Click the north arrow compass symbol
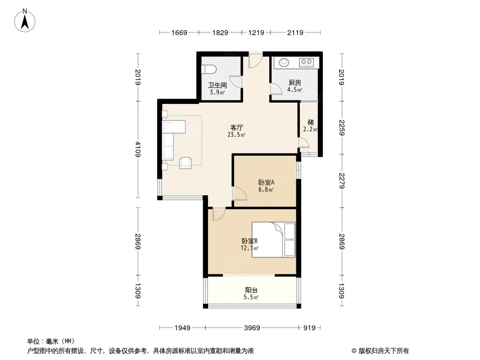(x=25, y=21)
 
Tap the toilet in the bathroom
(x=208, y=69)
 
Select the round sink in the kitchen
(x=284, y=62)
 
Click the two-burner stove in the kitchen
(x=306, y=62)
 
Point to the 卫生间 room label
(x=217, y=85)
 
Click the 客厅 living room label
(x=237, y=127)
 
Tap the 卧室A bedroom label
(x=266, y=183)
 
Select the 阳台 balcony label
(x=251, y=290)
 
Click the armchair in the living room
(x=186, y=163)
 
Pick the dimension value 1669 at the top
(x=179, y=32)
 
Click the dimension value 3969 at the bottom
(x=252, y=328)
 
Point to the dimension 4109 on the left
(x=138, y=149)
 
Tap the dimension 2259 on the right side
(x=342, y=127)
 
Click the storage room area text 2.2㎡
(x=310, y=130)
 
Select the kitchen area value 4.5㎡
(x=295, y=90)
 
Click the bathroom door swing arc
(x=236, y=81)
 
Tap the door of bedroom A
(x=240, y=193)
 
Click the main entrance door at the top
(x=255, y=60)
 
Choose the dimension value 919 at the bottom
(x=309, y=328)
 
